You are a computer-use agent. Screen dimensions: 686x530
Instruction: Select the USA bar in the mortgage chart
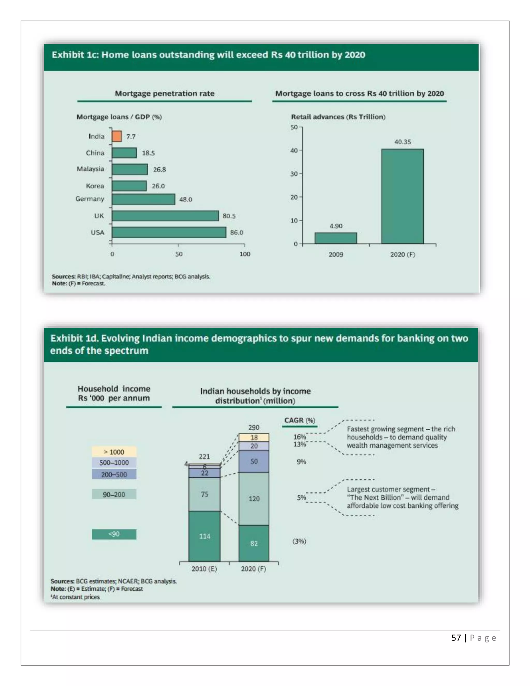tap(169, 232)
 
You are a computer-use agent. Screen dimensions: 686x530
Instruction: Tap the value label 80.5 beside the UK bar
tap(229, 216)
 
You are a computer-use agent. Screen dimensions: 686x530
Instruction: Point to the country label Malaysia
tap(90, 169)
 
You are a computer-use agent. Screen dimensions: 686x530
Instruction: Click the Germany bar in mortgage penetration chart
tap(143, 199)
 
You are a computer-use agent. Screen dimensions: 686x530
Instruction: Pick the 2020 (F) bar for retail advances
tap(402, 196)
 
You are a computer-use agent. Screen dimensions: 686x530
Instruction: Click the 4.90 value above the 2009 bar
tap(336, 226)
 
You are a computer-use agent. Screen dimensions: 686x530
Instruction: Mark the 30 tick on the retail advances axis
tap(294, 174)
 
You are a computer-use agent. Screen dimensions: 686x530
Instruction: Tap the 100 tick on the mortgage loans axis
tap(245, 254)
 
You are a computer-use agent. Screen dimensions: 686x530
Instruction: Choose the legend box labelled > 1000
tap(114, 452)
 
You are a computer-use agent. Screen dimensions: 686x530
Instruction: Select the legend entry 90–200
tap(114, 494)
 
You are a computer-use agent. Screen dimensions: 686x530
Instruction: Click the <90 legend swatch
tap(114, 534)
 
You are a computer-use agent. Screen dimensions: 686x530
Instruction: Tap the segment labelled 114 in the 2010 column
tap(204, 536)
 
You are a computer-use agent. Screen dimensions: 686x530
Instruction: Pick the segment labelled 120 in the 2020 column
tap(254, 499)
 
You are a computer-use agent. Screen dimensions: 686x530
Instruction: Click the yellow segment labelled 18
tap(254, 437)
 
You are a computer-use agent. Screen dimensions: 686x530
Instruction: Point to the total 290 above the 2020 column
tap(254, 427)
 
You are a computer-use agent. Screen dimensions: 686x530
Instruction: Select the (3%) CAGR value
tap(299, 541)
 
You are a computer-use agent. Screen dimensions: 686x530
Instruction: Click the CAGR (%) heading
tap(299, 420)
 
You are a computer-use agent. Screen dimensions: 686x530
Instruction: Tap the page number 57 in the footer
tap(456, 638)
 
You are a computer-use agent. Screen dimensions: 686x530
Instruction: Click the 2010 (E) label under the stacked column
tap(204, 569)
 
